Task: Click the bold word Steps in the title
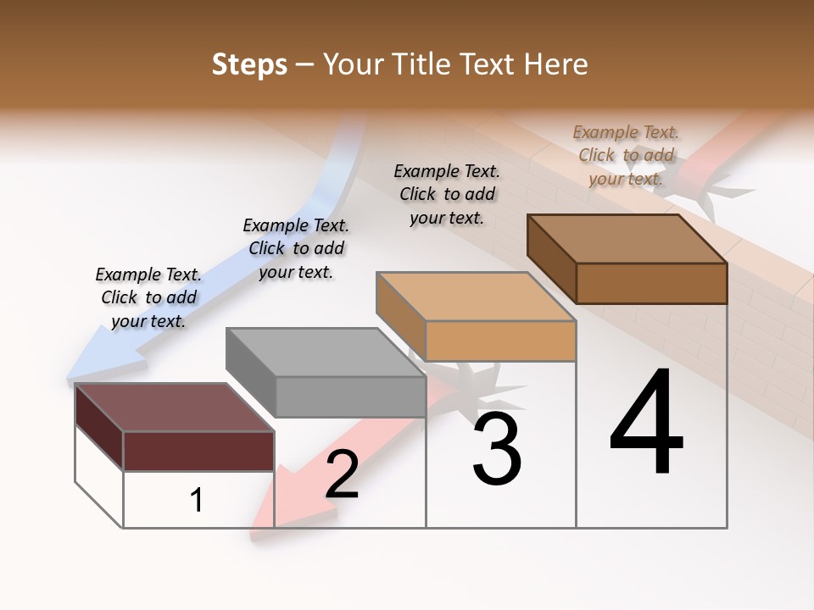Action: click(249, 64)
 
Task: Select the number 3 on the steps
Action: click(497, 448)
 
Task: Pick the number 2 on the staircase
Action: click(343, 474)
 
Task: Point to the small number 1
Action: click(197, 501)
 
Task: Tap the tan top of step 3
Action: click(475, 297)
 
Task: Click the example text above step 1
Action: click(148, 297)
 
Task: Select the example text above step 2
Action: click(296, 248)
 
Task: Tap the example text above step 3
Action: click(447, 194)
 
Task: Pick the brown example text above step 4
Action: click(626, 155)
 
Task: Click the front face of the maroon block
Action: click(198, 451)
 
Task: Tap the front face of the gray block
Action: click(350, 396)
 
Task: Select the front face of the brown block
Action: click(651, 283)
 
